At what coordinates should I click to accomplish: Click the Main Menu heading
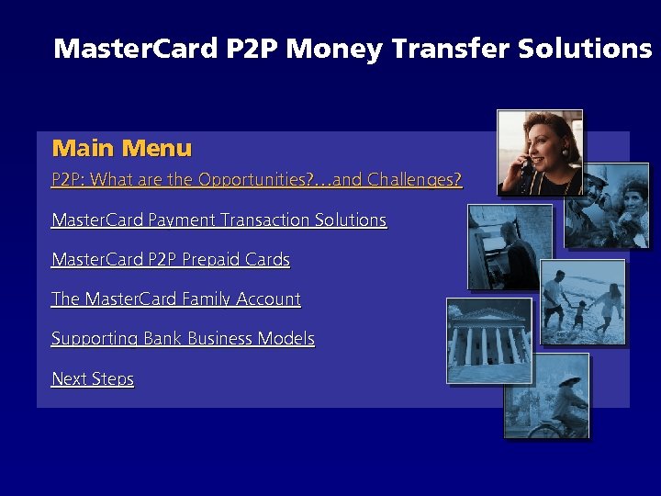[x=122, y=148]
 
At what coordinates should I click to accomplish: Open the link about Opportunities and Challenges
[x=257, y=180]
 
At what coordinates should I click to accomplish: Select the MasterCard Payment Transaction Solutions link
[x=218, y=220]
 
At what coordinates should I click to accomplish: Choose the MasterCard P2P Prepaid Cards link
[x=171, y=260]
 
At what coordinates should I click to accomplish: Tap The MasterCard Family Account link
[x=176, y=299]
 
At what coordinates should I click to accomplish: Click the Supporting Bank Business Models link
[x=183, y=339]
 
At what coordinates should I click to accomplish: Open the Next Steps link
[x=93, y=379]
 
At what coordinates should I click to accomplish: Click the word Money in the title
[x=333, y=49]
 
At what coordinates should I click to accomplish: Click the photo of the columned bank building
[x=488, y=340]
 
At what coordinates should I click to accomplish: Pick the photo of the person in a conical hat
[x=547, y=395]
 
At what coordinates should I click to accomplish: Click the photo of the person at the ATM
[x=510, y=246]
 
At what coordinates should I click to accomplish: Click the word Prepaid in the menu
[x=212, y=260]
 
